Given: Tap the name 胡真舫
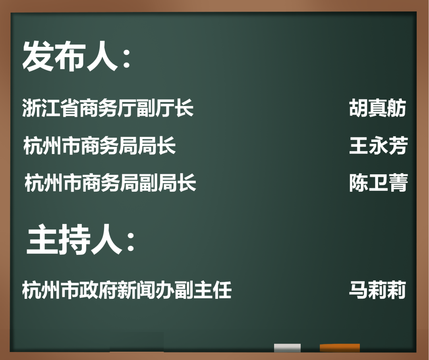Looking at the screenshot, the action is pos(378,108).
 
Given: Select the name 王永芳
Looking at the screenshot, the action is pos(379,145).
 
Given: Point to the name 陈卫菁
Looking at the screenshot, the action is pos(379,183).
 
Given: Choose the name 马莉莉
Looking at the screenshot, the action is pos(378,290).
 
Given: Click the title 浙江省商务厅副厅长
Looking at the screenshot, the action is pos(108,108).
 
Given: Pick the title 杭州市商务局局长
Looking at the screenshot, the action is pos(100,145).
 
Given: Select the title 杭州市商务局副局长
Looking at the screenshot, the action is pos(110,183).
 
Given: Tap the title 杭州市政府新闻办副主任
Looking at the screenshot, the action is pos(127,290).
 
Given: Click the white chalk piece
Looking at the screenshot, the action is pos(287,348).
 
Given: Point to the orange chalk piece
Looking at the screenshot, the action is pos(340,348).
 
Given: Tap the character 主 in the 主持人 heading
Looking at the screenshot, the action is pos(43,239).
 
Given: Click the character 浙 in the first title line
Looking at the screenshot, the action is pos(32,108).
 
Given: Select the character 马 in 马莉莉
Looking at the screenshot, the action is pos(358,290).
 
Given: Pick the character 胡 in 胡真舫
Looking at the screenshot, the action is pos(358,108).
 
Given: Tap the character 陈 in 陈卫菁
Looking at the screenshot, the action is pos(359,183).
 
